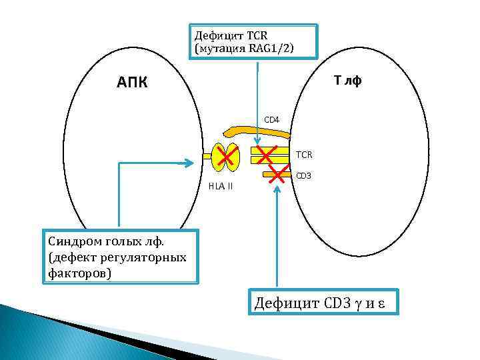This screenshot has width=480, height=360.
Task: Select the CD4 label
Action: tap(272, 120)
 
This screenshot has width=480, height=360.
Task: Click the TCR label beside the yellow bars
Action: tap(304, 155)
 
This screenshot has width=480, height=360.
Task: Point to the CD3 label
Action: tap(303, 176)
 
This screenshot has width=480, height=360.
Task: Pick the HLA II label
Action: tap(221, 186)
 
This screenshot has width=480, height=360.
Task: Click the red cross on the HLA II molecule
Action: tap(228, 157)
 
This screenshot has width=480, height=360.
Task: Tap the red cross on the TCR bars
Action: tap(267, 155)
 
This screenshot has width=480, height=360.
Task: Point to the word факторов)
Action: tap(79, 273)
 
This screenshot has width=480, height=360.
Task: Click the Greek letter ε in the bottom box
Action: tap(384, 305)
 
